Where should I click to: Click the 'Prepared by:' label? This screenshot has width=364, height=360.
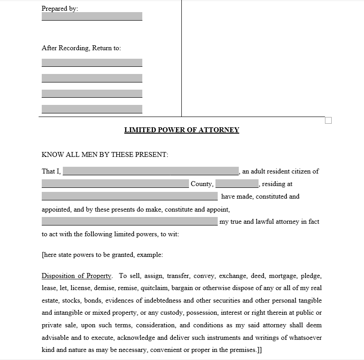[60, 9]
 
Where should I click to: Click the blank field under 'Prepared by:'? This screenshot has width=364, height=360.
[92, 17]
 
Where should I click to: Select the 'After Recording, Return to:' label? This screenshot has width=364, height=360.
[81, 48]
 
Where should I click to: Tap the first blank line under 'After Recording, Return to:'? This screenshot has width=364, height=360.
[92, 63]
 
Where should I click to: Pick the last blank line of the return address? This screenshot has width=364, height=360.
[92, 109]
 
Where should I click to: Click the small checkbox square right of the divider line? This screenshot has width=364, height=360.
[328, 120]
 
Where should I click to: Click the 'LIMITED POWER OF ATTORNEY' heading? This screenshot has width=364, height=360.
[181, 130]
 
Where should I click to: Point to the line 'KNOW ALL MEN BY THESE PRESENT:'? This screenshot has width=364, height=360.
[105, 155]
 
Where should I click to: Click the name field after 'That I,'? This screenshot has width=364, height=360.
[151, 171]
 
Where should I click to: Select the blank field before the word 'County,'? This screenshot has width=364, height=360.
[115, 184]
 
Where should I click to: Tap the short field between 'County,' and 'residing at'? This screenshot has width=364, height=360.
[237, 184]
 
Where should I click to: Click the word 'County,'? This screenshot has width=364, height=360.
[202, 184]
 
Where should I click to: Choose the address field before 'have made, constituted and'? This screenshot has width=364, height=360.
[129, 196]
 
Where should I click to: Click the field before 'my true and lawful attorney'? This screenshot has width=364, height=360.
[129, 221]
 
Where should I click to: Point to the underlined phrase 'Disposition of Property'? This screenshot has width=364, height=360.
[76, 276]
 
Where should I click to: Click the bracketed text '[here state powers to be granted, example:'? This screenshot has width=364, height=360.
[102, 255]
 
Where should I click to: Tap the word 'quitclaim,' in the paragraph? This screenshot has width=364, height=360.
[155, 288]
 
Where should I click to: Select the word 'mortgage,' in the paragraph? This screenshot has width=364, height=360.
[281, 276]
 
